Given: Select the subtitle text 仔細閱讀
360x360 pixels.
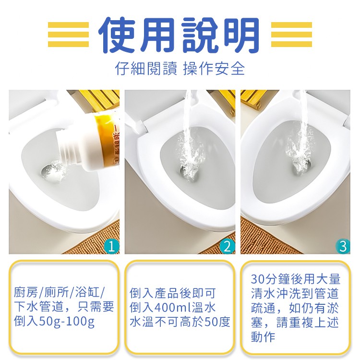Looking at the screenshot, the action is tap(146, 69).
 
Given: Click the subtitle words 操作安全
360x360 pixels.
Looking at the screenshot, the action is tap(214, 69).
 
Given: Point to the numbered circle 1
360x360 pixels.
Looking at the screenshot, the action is tap(112, 246).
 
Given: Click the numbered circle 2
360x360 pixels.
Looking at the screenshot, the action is tap(228, 246).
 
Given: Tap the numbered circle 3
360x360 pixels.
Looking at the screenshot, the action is tap(343, 246).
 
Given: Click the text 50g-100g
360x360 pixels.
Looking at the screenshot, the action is tap(67, 322).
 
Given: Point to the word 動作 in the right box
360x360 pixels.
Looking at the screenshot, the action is tap(263, 337).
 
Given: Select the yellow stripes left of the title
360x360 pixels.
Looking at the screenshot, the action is tap(69, 35).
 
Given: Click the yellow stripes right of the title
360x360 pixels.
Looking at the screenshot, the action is tap(291, 35).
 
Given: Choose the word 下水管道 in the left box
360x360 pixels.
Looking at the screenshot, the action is tap(38, 307).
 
